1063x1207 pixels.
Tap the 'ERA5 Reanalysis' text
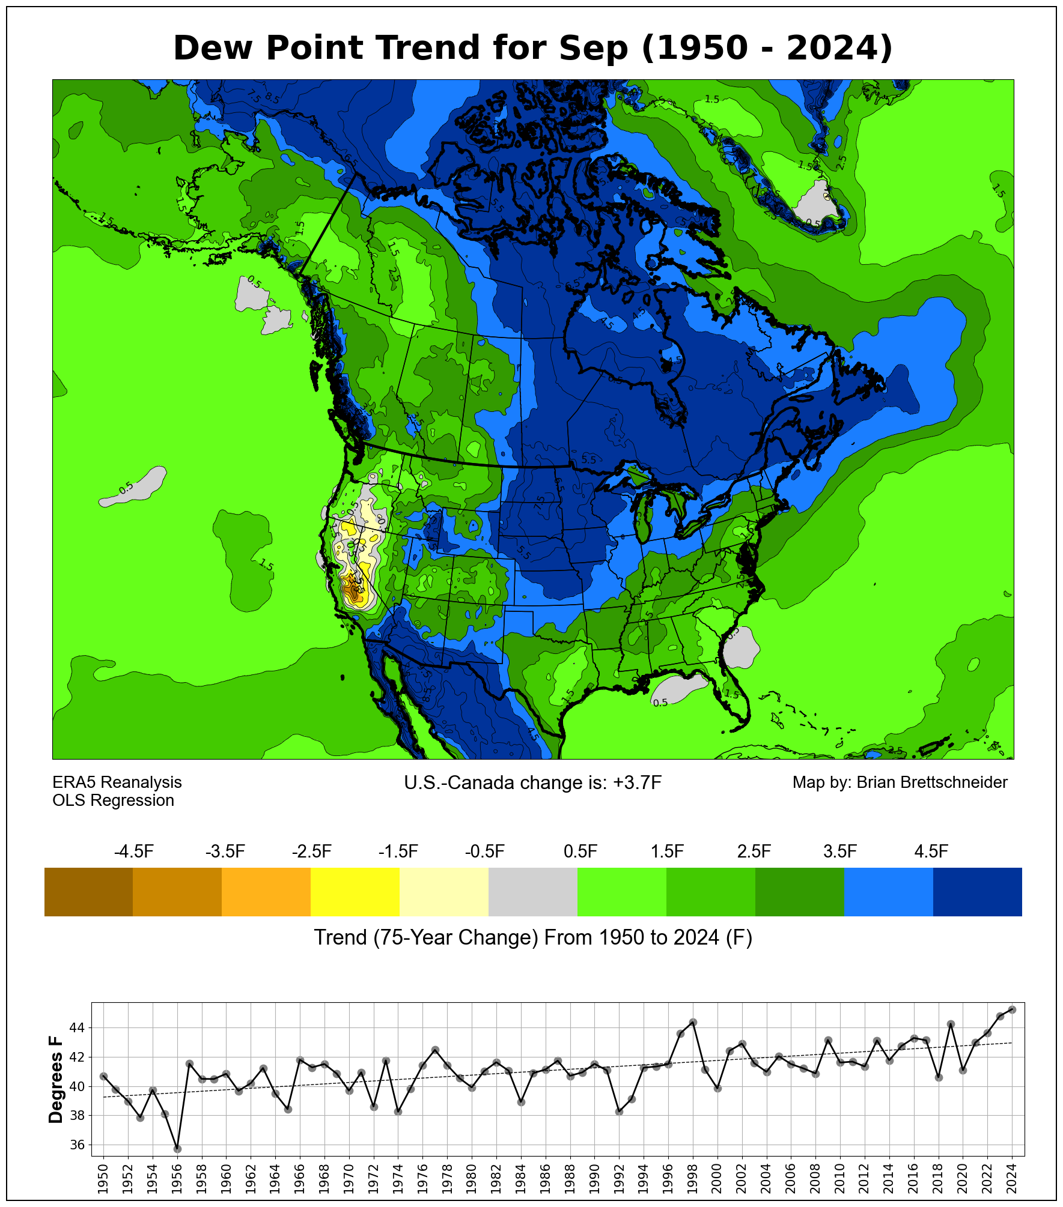pos(117,782)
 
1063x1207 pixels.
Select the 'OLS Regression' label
pos(113,800)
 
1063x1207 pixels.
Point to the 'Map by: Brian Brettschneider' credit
pos(900,782)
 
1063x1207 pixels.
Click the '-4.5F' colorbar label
pos(133,852)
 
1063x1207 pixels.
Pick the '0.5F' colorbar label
pos(580,852)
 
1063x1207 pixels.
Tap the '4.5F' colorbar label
pos(931,852)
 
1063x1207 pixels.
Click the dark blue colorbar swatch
pos(977,891)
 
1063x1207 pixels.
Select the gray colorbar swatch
pos(533,891)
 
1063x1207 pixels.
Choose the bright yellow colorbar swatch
pos(355,891)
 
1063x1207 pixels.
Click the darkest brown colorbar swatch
pos(88,891)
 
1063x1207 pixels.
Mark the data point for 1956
pos(177,1149)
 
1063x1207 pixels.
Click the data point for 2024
pos(1012,1009)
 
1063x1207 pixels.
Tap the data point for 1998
pos(693,1022)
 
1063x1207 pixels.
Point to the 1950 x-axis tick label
pos(103,1178)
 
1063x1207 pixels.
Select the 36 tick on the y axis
pos(78,1145)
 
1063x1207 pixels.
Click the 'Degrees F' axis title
pos(56,1079)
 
